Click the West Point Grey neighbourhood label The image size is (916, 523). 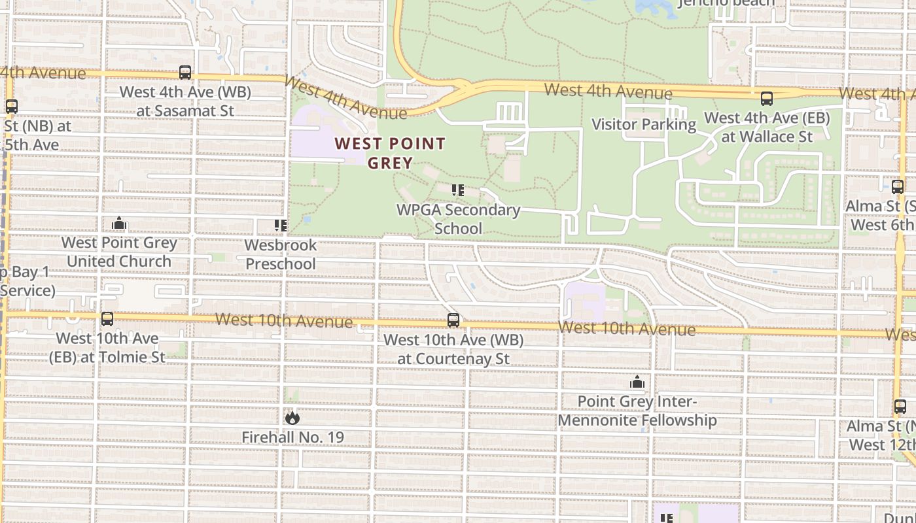coord(390,153)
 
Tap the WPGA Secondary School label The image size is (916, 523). coord(458,219)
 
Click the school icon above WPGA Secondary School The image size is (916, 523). coord(458,190)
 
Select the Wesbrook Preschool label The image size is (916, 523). coord(281,254)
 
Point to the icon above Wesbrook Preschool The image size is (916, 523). coord(281,226)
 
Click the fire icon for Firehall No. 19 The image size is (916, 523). coord(292,417)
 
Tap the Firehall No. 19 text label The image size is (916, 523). coord(292,437)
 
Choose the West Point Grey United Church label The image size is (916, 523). coord(119,252)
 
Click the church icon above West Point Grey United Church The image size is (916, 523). coord(119,224)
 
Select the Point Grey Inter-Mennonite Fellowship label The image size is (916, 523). coord(637,411)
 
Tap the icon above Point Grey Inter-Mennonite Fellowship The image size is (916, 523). coord(637,382)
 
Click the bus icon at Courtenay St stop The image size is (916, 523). coord(453,320)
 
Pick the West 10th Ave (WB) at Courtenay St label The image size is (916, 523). coord(453,349)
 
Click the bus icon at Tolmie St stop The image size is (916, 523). coord(107,319)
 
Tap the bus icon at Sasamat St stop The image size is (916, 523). coord(185,73)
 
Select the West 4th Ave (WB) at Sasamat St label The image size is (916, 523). coord(185,101)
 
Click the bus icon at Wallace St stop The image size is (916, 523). coord(767,99)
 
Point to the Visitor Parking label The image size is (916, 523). coord(644,124)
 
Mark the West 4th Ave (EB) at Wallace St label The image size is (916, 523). coord(767,127)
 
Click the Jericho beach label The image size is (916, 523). coord(726,3)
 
